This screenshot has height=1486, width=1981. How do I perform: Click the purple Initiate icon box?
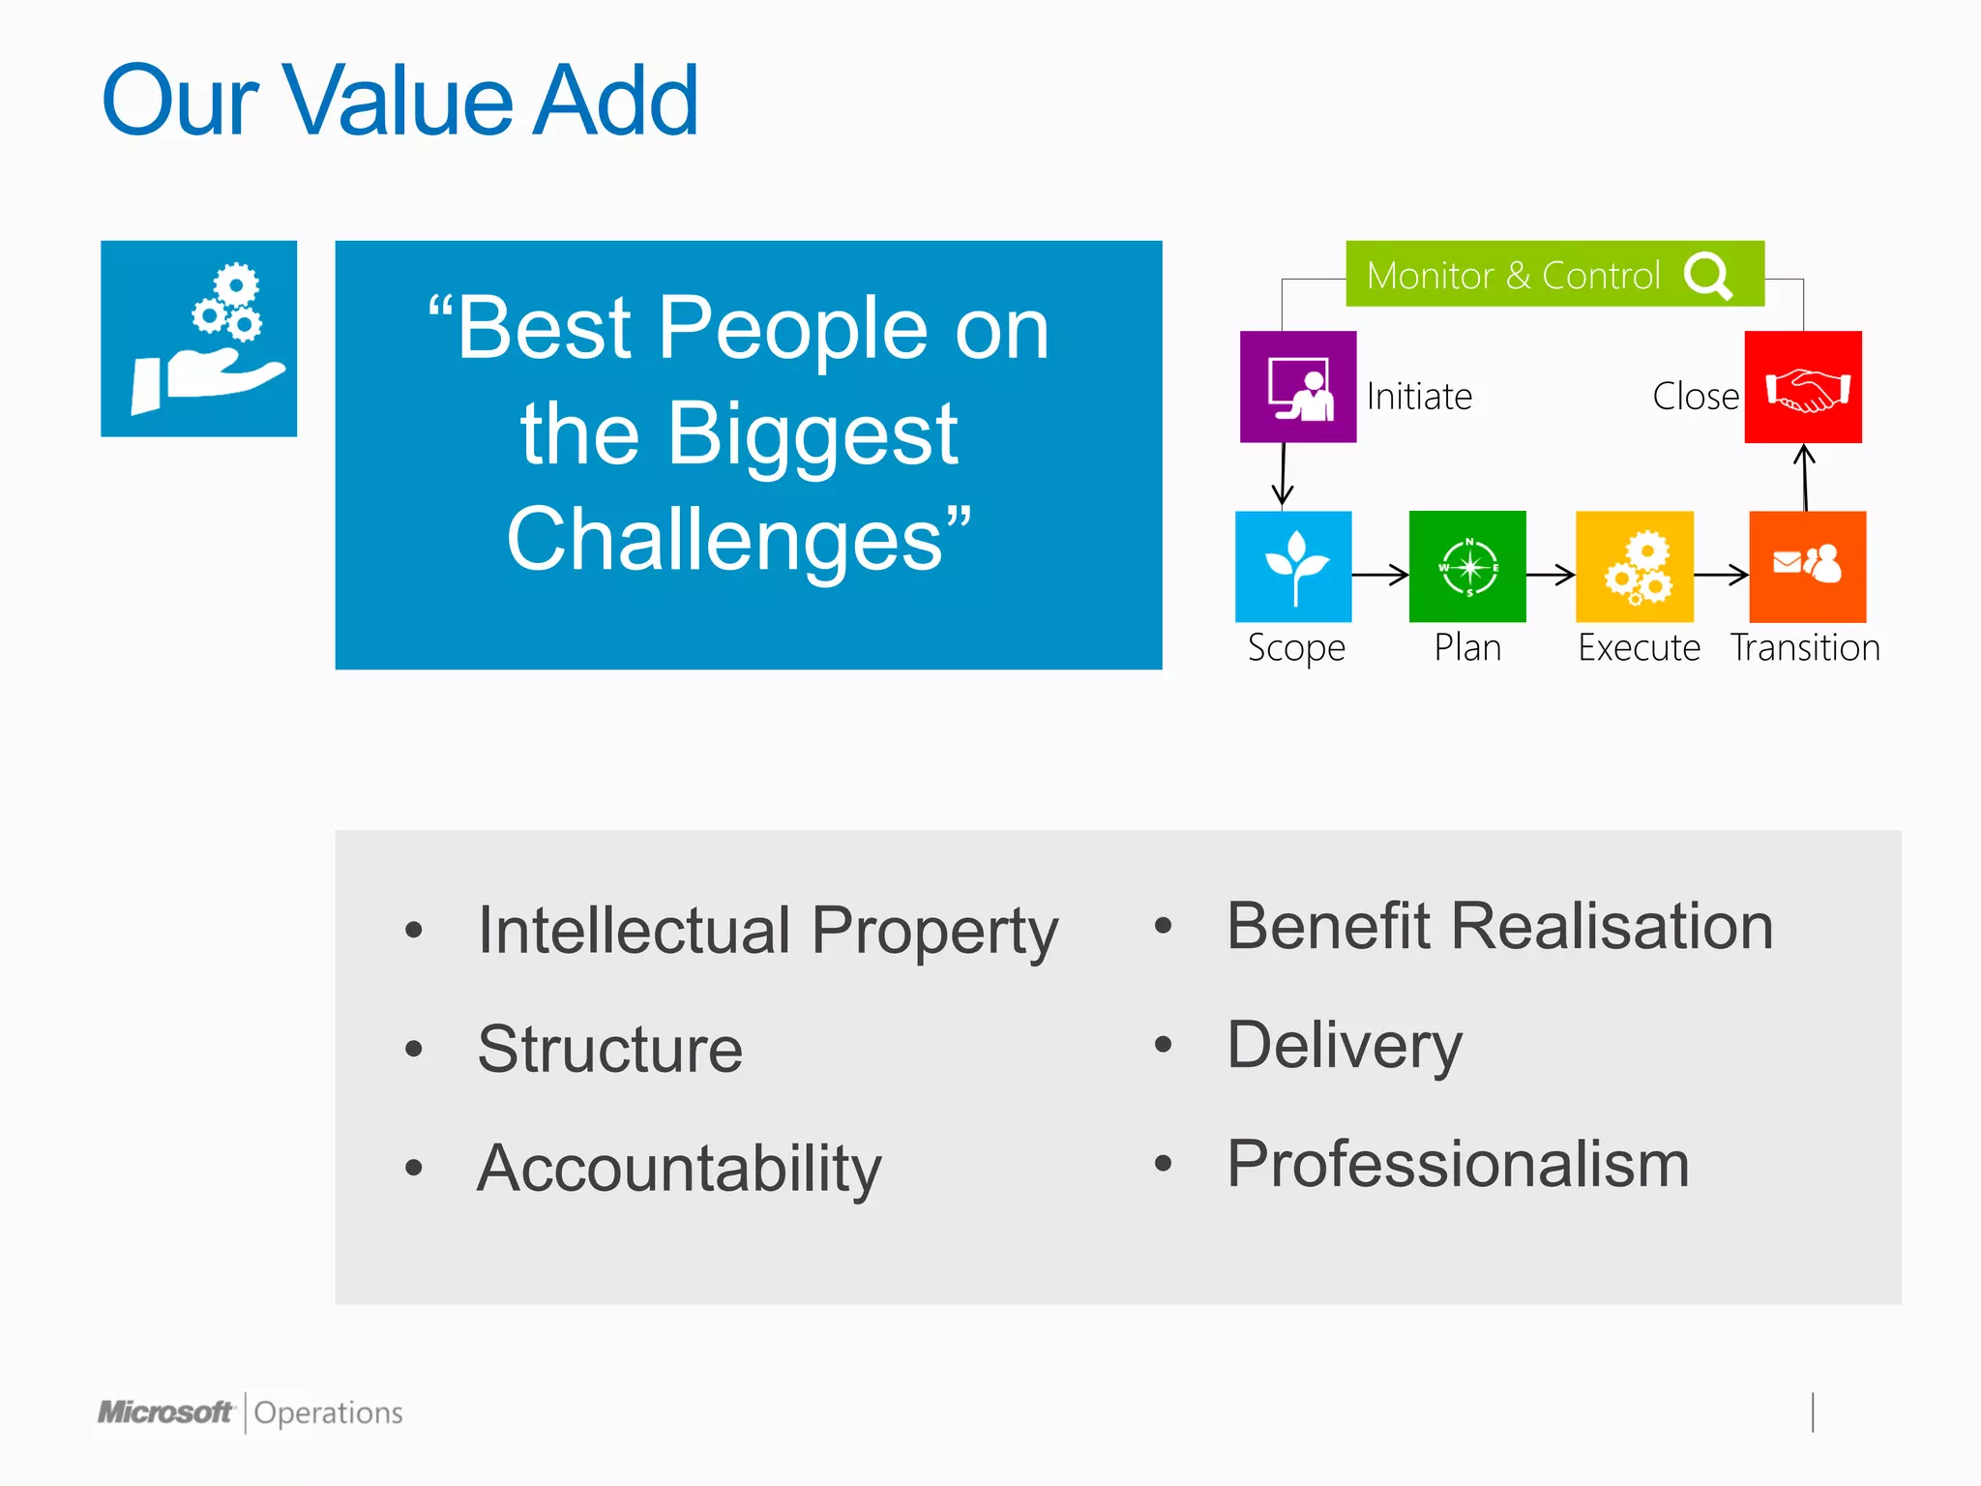click(1298, 387)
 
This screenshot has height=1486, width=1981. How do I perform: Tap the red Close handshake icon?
click(1803, 387)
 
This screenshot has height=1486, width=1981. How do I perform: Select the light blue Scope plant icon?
click(1293, 567)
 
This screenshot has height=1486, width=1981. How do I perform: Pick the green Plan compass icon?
click(1467, 567)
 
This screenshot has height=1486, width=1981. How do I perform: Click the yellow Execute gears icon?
click(1635, 567)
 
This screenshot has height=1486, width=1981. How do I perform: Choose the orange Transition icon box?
click(1807, 567)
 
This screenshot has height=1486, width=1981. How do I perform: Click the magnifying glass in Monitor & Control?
click(1708, 276)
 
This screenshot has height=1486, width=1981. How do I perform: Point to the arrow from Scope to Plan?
click(1380, 575)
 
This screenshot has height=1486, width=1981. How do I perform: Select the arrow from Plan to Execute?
click(1551, 575)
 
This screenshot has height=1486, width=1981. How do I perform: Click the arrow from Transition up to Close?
click(1805, 477)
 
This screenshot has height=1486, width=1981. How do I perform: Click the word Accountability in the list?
click(679, 1169)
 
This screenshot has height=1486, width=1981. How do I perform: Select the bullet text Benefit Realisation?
click(1499, 927)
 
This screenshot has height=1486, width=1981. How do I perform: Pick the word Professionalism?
click(1458, 1164)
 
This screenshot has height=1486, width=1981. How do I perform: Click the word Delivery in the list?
click(1345, 1046)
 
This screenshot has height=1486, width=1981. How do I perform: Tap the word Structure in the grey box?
click(610, 1050)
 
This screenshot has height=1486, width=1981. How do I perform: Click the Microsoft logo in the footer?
click(165, 1412)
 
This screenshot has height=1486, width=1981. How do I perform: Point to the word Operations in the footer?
click(328, 1413)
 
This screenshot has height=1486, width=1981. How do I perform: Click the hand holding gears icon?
click(199, 339)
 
